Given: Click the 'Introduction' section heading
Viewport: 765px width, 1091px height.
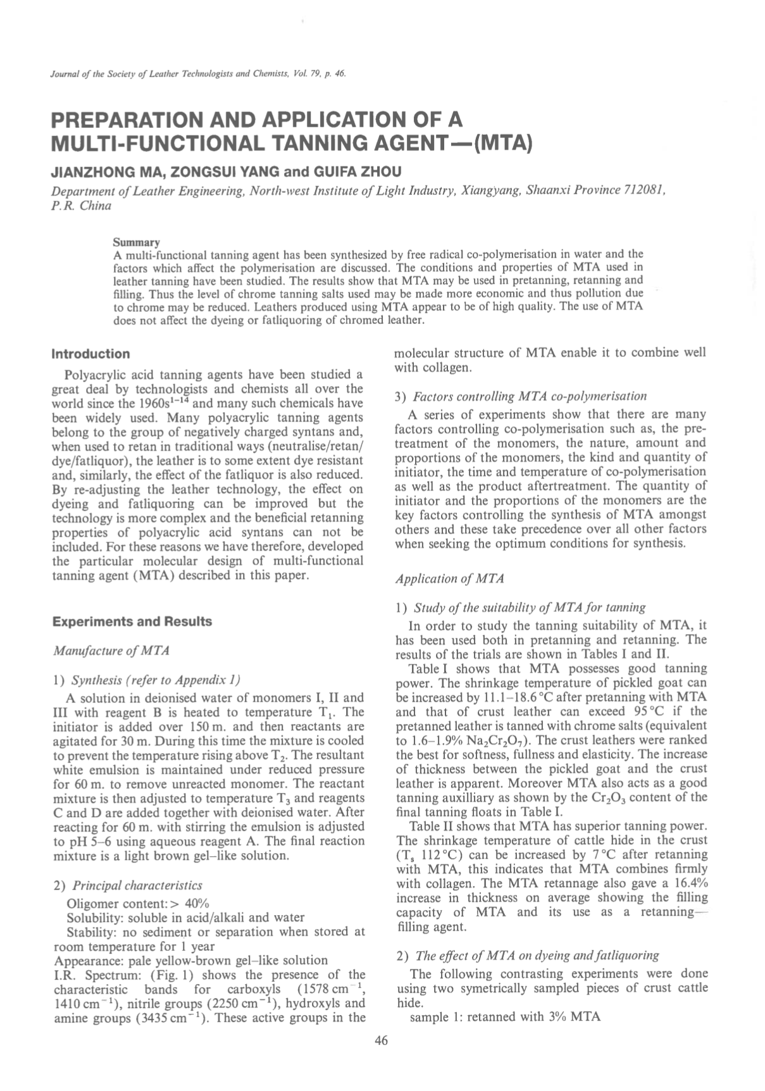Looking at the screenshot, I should pyautogui.click(x=90, y=354).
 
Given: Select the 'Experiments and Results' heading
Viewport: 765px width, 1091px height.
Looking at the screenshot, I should pyautogui.click(x=132, y=621).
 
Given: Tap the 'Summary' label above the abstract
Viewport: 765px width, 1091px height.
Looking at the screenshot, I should pyautogui.click(x=136, y=242).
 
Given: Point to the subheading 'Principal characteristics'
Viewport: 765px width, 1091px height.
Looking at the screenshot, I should pyautogui.click(x=137, y=885).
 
